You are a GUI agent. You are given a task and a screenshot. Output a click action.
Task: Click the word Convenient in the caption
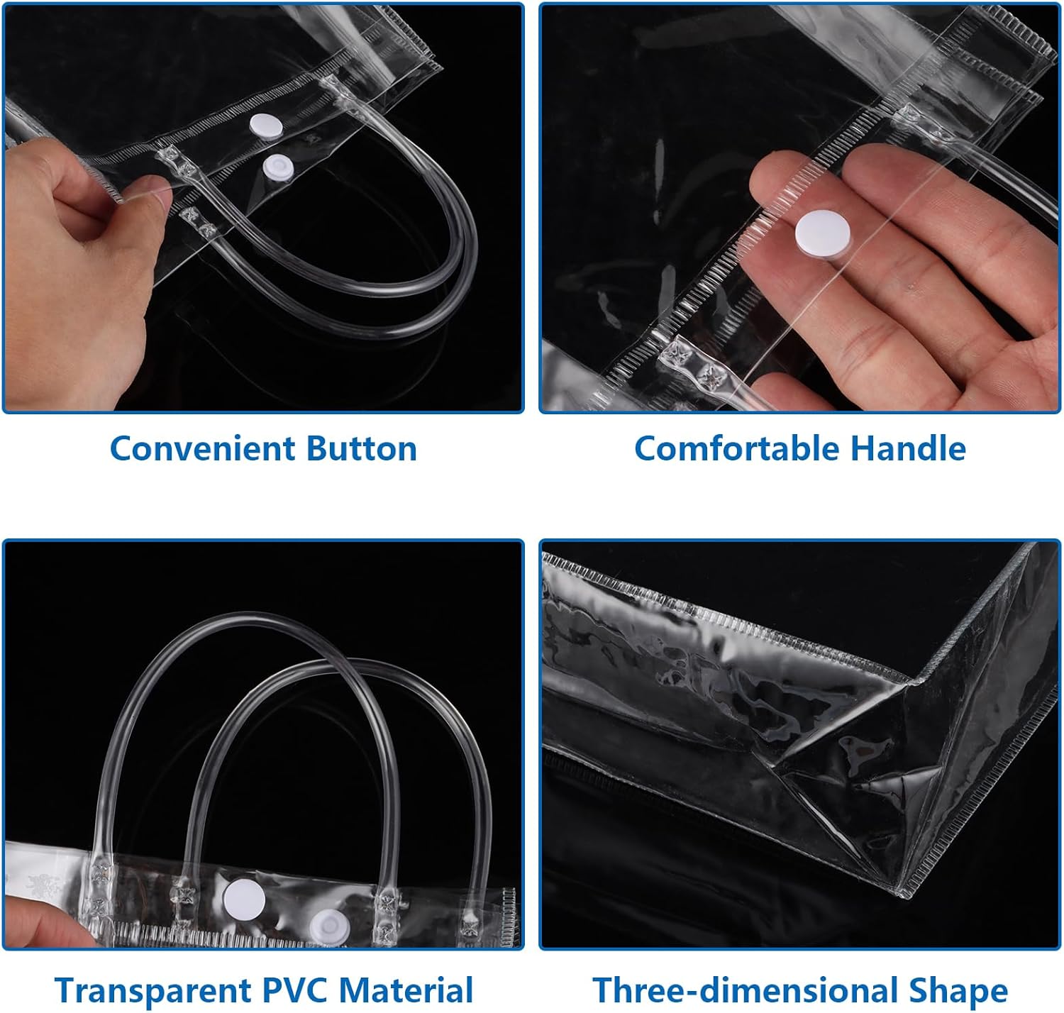tap(202, 449)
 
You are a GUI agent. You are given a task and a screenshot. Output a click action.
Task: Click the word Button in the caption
tap(362, 449)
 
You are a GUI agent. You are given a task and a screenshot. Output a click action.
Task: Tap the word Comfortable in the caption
tap(736, 449)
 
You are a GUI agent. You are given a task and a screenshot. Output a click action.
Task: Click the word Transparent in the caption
tap(153, 990)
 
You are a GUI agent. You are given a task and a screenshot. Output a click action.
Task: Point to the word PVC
tap(294, 990)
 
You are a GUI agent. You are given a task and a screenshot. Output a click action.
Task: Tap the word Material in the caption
tap(406, 990)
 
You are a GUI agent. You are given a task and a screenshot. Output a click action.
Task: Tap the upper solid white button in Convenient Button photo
tap(266, 126)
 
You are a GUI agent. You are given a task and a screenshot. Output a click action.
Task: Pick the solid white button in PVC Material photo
tap(245, 899)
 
